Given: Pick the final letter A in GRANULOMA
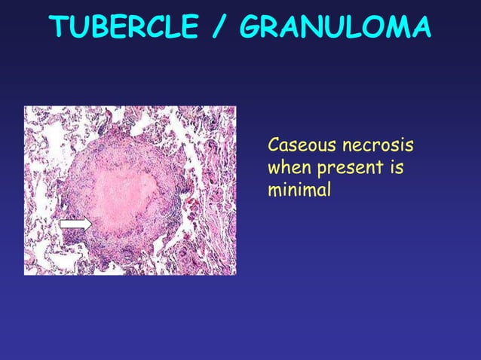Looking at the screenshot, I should (419, 28).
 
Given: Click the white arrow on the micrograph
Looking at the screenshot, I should (75, 224).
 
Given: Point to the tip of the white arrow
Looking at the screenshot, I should (90, 224).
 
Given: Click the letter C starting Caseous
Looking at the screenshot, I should (274, 144).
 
